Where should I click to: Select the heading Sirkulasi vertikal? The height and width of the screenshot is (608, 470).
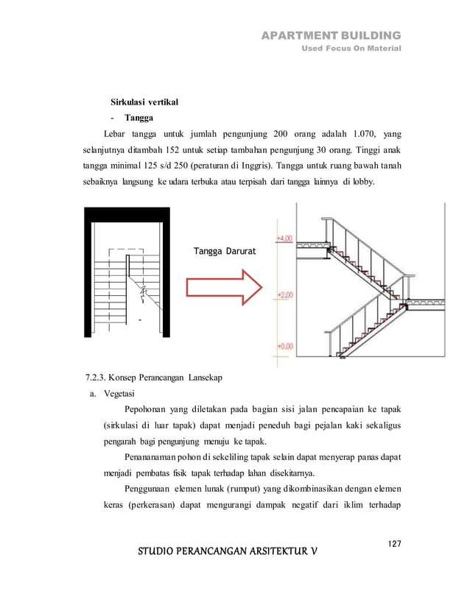click(144, 101)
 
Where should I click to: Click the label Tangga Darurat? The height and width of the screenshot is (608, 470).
click(225, 252)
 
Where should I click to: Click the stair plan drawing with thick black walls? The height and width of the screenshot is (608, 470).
click(127, 273)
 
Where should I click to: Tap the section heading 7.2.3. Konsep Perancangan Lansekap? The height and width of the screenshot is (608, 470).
click(154, 378)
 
